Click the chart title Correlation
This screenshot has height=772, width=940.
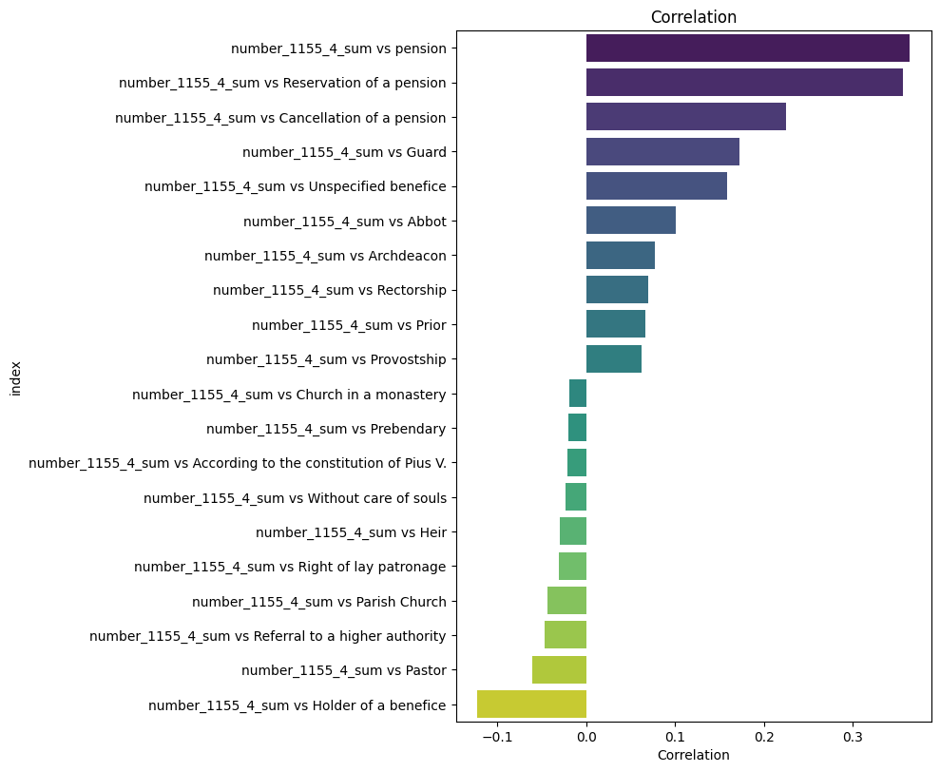click(693, 17)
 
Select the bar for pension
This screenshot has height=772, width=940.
click(747, 48)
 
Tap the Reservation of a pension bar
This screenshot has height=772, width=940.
click(744, 83)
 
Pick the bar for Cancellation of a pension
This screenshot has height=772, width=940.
click(685, 117)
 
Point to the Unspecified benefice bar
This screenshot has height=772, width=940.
click(656, 186)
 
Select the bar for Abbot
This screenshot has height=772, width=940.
click(630, 221)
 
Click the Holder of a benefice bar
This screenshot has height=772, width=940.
click(531, 704)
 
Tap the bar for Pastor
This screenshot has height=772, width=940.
click(559, 670)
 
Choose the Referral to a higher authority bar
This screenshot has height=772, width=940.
click(566, 635)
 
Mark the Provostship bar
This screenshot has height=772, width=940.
click(613, 359)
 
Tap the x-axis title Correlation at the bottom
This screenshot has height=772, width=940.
click(693, 755)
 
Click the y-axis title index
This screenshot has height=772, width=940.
click(16, 376)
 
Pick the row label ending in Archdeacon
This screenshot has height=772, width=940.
click(325, 256)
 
